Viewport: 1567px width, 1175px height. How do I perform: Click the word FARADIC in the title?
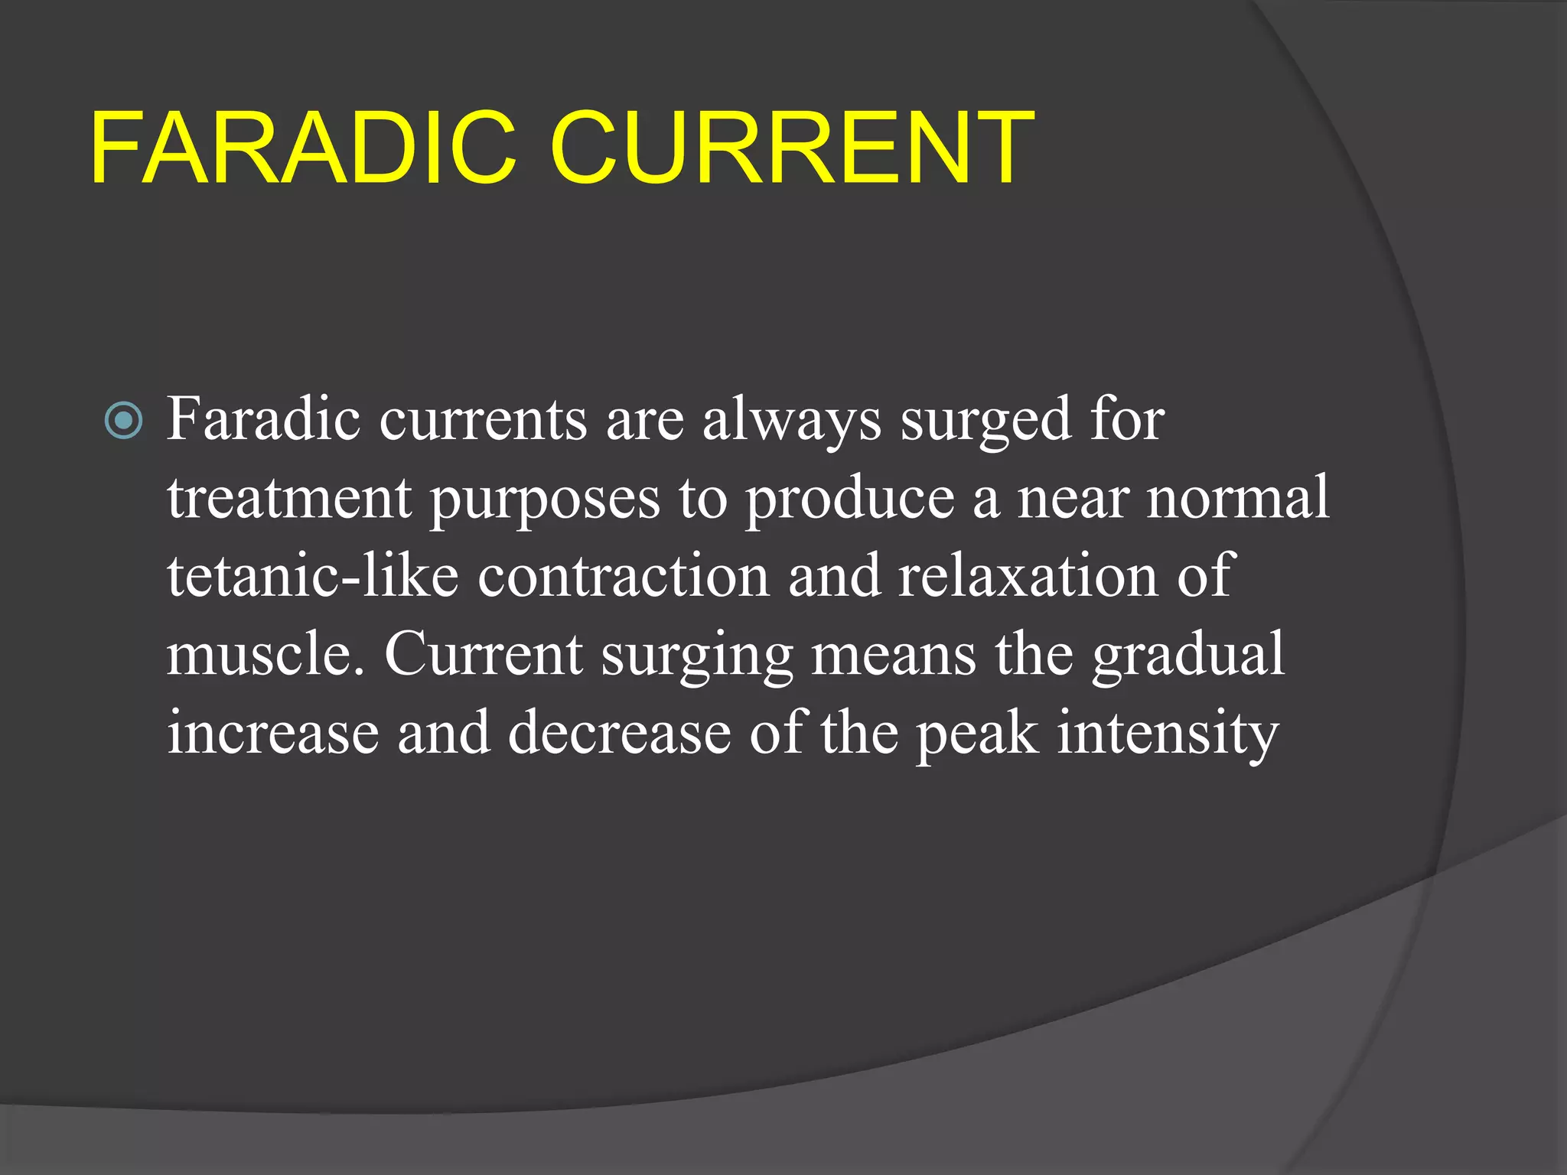click(x=303, y=148)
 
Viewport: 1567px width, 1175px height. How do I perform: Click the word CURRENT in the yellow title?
click(x=791, y=148)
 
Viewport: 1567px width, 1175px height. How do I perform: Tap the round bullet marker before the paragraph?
click(x=123, y=420)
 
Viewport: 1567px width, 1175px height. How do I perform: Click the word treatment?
click(x=289, y=499)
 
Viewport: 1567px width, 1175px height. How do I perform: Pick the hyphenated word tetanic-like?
click(x=313, y=576)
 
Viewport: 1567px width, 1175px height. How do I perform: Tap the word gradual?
click(x=1187, y=656)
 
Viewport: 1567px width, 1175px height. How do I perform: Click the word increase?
click(x=272, y=734)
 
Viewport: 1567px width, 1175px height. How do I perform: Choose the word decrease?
click(x=619, y=734)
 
